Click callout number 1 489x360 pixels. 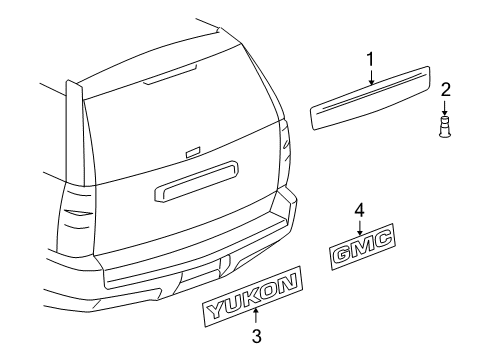point(370,61)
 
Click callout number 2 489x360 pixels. point(446,90)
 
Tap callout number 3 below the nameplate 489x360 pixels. point(255,338)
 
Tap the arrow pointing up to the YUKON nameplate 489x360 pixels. point(255,320)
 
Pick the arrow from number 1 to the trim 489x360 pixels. point(370,80)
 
